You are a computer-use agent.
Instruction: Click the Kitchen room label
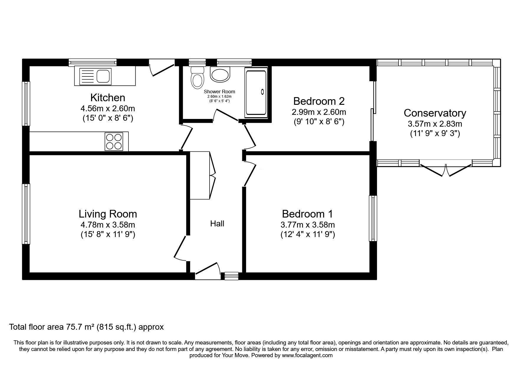108,98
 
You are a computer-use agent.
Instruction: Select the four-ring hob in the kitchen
113,141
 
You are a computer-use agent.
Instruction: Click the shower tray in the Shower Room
256,92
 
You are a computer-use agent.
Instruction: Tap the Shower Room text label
219,92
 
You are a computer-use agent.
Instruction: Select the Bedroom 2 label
319,101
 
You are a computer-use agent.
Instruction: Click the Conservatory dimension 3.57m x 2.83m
435,124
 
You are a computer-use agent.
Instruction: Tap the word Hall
217,224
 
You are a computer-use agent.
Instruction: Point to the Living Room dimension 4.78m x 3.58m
108,225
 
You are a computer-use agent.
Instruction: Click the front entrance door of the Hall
208,270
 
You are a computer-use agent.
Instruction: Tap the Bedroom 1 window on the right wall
373,218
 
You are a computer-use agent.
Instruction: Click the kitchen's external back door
162,67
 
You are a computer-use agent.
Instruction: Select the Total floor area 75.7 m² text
86,327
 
